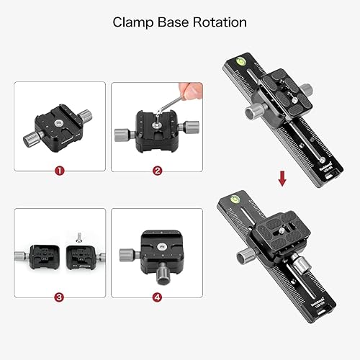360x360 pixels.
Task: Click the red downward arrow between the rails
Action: coord(282,176)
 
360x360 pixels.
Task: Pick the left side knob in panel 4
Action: coord(127,253)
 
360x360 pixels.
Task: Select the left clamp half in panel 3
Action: coord(42,256)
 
